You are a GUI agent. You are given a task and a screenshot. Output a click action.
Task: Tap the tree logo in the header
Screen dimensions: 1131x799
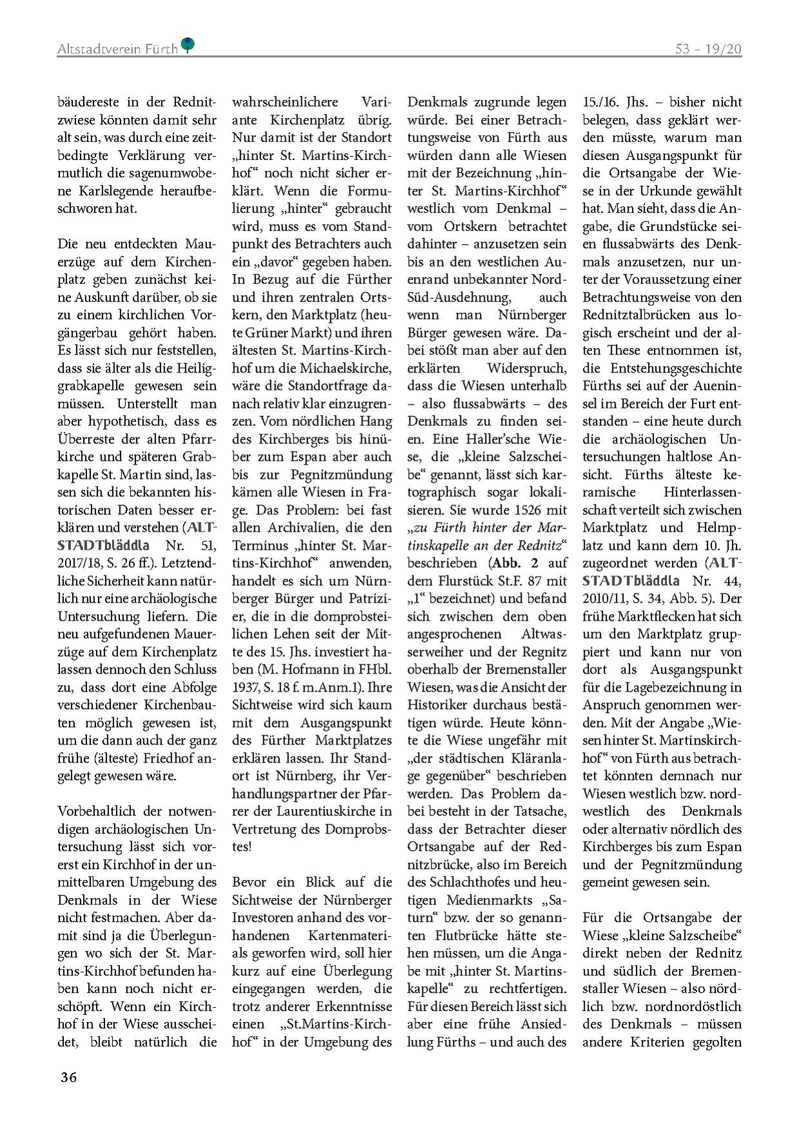(x=188, y=44)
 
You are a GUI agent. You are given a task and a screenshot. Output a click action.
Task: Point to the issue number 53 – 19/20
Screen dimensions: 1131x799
(x=708, y=48)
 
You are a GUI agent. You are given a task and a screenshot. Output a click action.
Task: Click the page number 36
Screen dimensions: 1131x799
(x=68, y=1077)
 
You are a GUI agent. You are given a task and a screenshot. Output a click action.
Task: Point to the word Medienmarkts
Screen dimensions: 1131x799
(x=495, y=899)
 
